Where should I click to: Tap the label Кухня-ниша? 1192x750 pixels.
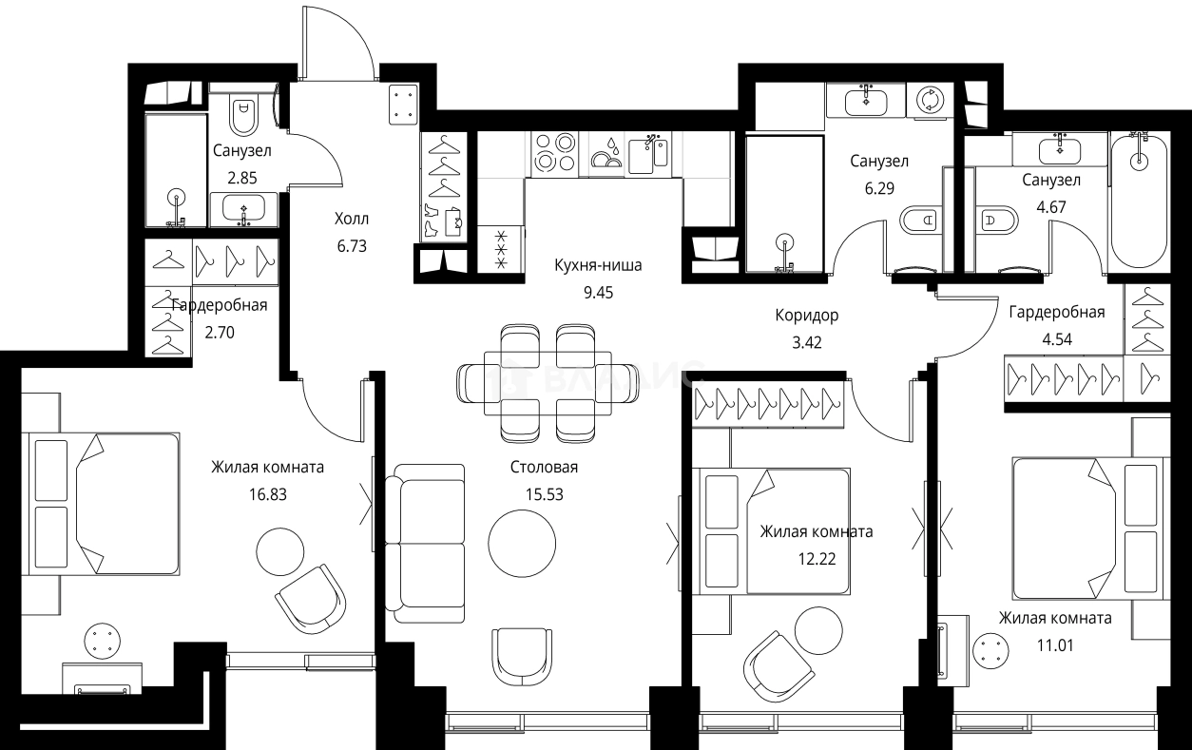click(x=598, y=265)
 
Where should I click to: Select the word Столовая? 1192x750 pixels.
click(x=544, y=468)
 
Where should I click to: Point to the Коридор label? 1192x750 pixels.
click(x=807, y=314)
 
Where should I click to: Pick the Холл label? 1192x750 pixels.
click(x=351, y=219)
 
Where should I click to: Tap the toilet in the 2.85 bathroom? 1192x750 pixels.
click(x=243, y=116)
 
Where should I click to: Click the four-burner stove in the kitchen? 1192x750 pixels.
click(x=553, y=152)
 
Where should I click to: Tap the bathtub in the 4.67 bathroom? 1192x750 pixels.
click(x=1138, y=201)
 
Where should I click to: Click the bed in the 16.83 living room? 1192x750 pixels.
click(x=105, y=503)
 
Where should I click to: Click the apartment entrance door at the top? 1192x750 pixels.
click(x=337, y=46)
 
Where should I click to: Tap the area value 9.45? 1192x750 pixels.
click(x=598, y=292)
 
